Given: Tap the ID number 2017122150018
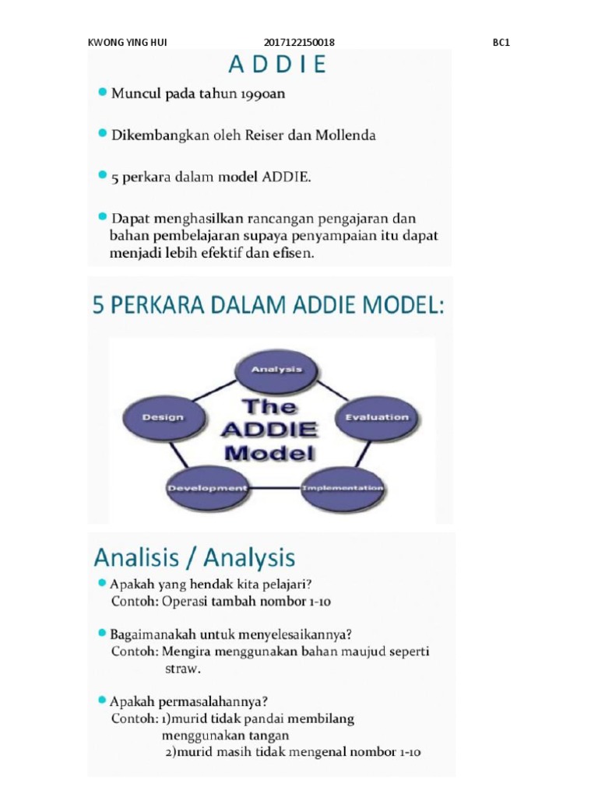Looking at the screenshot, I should coord(299,43).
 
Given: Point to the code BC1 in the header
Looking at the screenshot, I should coord(501,43).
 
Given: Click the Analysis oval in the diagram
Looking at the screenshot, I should coord(276,369).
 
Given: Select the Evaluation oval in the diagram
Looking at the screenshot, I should coord(376,417).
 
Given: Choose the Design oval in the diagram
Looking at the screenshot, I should coord(163,417).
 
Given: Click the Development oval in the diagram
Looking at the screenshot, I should coord(206,488).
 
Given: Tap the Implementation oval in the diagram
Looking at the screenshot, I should coord(343,488).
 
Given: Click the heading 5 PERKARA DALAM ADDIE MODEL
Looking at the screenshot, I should coord(269,306).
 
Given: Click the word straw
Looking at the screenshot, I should coord(182,669).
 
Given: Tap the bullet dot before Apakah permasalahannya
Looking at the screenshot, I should coord(101,699).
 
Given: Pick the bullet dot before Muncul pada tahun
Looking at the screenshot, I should coord(101,93).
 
